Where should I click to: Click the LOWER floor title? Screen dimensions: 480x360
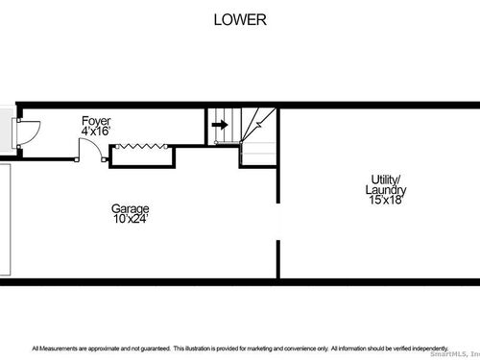click(x=240, y=20)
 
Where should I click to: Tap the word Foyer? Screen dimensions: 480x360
click(x=96, y=121)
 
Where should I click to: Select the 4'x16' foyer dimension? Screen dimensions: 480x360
click(x=96, y=131)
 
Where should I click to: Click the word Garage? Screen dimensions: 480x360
click(x=131, y=209)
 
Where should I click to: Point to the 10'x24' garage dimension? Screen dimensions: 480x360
click(x=131, y=219)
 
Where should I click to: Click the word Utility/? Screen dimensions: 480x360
click(x=386, y=180)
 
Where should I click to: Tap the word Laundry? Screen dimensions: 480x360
click(x=386, y=190)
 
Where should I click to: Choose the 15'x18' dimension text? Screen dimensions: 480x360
click(x=386, y=200)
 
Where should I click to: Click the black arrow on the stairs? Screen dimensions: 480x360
click(x=220, y=125)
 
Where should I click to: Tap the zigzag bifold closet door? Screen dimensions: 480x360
click(x=141, y=147)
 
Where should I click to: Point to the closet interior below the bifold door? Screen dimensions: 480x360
click(x=142, y=157)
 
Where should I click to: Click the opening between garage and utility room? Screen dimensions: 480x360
click(x=278, y=222)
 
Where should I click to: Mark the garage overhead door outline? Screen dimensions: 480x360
click(x=6, y=220)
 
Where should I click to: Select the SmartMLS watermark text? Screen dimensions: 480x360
click(x=455, y=354)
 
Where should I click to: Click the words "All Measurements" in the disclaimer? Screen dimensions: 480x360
click(x=55, y=348)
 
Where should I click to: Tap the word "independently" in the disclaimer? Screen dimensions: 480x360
click(x=429, y=348)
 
